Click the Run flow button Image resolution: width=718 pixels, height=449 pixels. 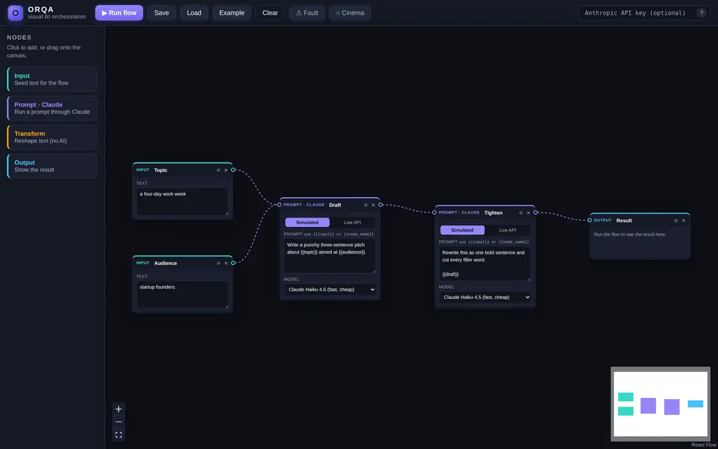pos(119,13)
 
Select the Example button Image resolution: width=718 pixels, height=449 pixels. pos(231,13)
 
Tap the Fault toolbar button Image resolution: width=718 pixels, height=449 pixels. pos(307,13)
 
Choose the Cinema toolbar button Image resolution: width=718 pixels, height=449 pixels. pos(350,13)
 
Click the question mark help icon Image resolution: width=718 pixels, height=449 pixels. pos(701,13)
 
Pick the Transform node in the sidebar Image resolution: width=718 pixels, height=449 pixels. pos(52,137)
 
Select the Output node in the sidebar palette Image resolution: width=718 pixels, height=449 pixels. pos(52,166)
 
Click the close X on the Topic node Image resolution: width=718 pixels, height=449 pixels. pos(226,170)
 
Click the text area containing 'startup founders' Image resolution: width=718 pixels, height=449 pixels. pos(182,294)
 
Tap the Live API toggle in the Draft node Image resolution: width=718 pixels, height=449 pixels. pos(352,222)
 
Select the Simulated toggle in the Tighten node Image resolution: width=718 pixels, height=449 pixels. pos(462,230)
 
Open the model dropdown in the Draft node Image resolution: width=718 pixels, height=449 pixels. pos(330,289)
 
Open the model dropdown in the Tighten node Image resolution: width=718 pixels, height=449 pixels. pos(485,298)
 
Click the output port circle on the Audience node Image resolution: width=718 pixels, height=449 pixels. pos(233,263)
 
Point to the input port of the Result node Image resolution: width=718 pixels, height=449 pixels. pos(589,221)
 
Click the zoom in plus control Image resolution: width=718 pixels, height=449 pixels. pos(119,409)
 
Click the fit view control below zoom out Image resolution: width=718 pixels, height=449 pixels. pos(119,435)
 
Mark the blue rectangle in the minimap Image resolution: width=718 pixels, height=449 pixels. pos(695,403)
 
